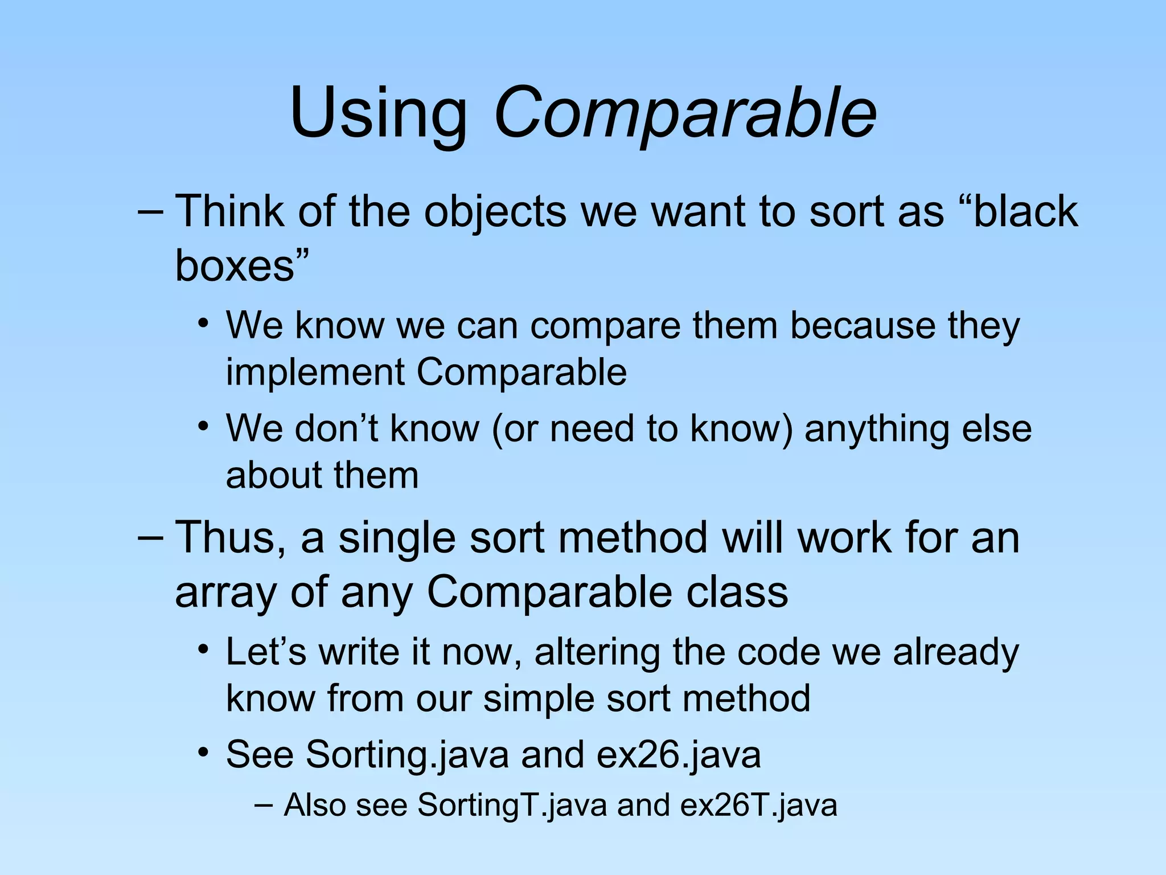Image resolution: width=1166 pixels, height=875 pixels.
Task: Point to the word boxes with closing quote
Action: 241,265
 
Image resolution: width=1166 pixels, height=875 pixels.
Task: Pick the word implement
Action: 315,373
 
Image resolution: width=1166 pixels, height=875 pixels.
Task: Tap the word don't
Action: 336,428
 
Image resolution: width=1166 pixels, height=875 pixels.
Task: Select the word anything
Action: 877,428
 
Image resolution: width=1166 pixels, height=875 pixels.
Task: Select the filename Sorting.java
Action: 408,755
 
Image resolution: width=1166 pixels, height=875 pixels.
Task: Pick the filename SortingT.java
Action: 512,806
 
